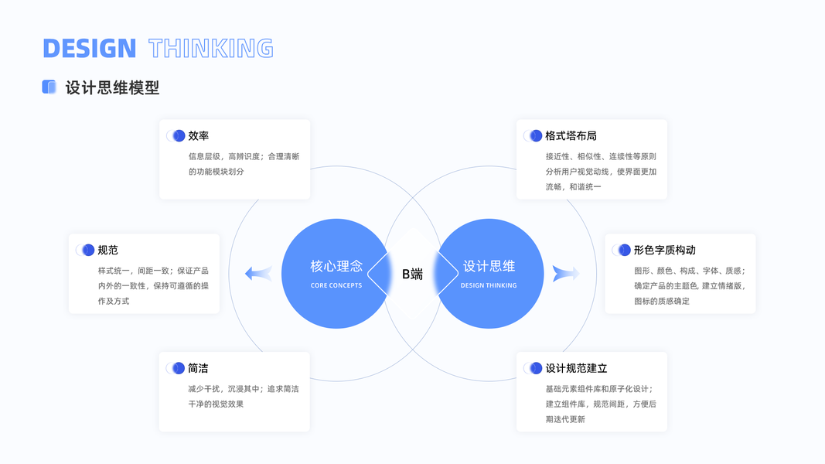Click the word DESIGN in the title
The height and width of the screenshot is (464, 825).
click(89, 48)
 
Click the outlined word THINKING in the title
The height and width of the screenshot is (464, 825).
click(211, 48)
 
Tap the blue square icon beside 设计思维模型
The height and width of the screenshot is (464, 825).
click(49, 87)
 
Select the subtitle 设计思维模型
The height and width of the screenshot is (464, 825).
click(112, 87)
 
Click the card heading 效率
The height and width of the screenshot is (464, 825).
click(199, 135)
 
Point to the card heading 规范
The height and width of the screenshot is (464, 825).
click(108, 250)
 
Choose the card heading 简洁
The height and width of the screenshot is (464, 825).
click(199, 368)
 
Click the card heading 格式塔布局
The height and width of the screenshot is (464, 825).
click(571, 135)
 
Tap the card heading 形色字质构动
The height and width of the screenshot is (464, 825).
click(664, 250)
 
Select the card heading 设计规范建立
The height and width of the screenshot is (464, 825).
click(576, 368)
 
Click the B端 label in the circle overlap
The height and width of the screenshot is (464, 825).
click(412, 274)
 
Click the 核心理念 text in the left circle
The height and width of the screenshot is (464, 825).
click(336, 266)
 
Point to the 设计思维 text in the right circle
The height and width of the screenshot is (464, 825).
click(489, 266)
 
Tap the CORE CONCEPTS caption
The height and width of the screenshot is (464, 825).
click(336, 285)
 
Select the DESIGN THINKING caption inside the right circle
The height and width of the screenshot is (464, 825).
click(489, 285)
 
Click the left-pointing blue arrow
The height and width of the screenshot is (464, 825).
click(258, 273)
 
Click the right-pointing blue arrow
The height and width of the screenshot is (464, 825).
click(566, 273)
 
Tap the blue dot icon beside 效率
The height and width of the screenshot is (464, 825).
click(178, 135)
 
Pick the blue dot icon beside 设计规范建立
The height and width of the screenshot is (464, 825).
click(535, 368)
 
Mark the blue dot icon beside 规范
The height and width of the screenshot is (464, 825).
click(87, 250)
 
